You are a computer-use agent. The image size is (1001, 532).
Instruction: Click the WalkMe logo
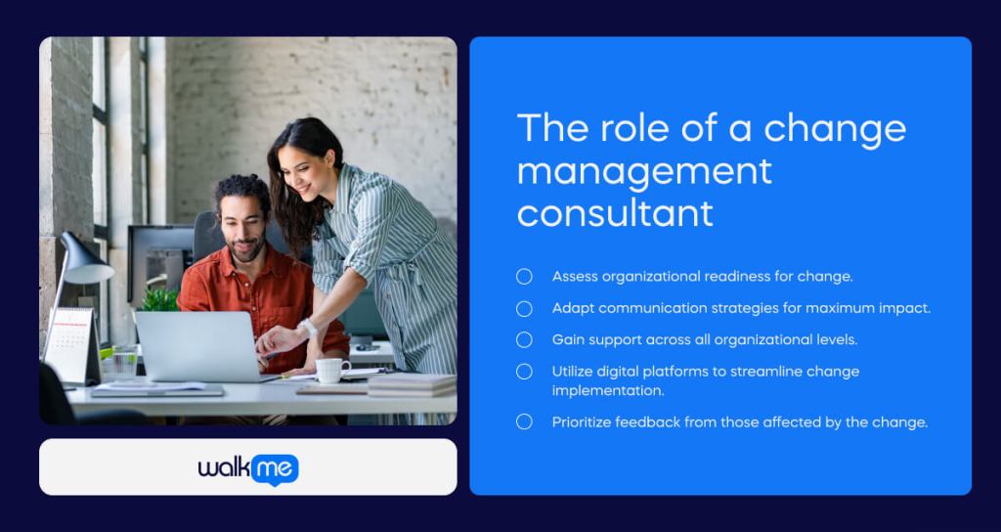click(x=248, y=468)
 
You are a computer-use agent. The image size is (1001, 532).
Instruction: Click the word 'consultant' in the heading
click(x=615, y=212)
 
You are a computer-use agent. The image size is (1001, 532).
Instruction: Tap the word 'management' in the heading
click(x=644, y=170)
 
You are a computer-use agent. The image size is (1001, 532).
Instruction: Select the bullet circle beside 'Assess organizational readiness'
click(x=524, y=277)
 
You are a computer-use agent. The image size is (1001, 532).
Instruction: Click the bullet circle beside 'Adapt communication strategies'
click(x=524, y=308)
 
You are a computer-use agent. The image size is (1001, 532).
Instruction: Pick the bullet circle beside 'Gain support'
click(x=524, y=339)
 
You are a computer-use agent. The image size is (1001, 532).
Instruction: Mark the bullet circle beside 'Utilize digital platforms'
click(x=524, y=372)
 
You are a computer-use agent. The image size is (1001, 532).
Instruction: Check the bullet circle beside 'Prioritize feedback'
click(x=524, y=422)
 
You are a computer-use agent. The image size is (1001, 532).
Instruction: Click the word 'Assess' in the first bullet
click(x=575, y=277)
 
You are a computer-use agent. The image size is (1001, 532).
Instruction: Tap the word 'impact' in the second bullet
click(x=905, y=308)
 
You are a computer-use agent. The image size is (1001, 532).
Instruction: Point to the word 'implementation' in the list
click(x=606, y=390)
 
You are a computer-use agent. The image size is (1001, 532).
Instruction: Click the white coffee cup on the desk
click(x=331, y=370)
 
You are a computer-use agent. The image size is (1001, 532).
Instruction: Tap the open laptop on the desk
click(x=196, y=344)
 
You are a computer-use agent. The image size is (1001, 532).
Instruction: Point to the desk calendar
click(x=69, y=342)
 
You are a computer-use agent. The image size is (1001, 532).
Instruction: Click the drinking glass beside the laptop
click(x=125, y=361)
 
